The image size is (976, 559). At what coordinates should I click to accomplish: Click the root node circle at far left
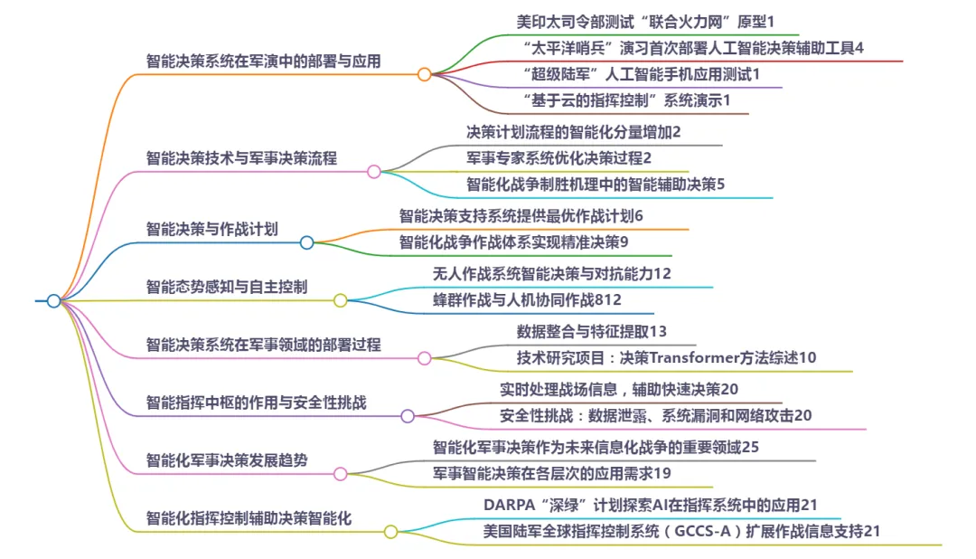tap(53, 300)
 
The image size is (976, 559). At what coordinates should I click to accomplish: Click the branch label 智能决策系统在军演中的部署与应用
tap(263, 62)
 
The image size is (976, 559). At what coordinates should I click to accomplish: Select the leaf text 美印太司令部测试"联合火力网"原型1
tap(646, 20)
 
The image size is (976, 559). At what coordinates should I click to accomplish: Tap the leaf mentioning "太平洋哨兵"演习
tap(693, 47)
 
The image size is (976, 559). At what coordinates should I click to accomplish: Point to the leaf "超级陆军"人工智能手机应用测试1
tap(641, 73)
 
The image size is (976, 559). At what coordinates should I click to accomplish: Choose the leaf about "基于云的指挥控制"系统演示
tap(626, 99)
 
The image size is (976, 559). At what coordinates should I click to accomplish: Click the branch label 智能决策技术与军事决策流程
tap(241, 158)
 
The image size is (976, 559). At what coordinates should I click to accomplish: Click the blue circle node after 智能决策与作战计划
tap(306, 242)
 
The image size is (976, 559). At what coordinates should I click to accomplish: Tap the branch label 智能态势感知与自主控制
tap(227, 288)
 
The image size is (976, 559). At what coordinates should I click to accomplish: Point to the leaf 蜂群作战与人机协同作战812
tap(527, 299)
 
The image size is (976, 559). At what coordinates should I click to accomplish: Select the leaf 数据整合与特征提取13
tap(592, 331)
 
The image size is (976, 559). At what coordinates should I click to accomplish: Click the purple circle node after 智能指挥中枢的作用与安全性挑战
tap(408, 416)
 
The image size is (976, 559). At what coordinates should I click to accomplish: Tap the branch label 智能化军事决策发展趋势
tap(227, 460)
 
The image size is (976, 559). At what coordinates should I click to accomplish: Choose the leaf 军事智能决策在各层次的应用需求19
tap(551, 473)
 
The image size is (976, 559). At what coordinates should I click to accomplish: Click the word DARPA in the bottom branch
tap(511, 505)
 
